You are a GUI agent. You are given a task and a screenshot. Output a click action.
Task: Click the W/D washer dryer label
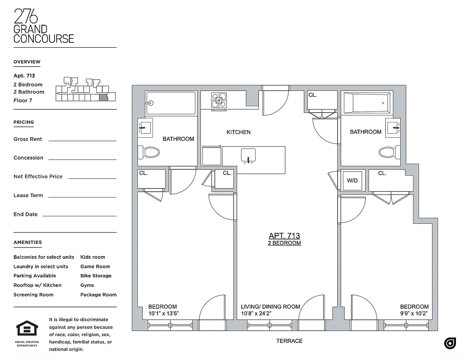click(352, 180)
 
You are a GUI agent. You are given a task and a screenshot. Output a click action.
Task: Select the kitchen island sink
click(248, 155)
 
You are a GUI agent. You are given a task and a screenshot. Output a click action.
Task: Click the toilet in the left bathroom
click(149, 153)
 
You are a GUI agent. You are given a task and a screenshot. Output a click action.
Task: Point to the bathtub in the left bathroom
click(171, 103)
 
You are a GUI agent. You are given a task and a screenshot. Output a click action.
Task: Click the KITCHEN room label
click(238, 132)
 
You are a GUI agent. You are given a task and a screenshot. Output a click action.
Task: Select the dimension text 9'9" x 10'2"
click(414, 313)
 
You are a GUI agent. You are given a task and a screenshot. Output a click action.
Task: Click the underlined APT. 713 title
click(284, 236)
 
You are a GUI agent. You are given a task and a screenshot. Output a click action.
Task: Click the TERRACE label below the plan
click(289, 341)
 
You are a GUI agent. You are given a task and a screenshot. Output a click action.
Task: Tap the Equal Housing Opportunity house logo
click(27, 328)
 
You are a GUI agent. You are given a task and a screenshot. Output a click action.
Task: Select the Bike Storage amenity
click(96, 276)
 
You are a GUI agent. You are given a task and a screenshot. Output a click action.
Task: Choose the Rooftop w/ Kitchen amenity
click(37, 285)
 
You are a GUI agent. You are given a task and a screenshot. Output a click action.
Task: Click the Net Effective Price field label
click(38, 176)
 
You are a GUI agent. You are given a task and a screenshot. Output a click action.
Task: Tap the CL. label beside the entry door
click(313, 95)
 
